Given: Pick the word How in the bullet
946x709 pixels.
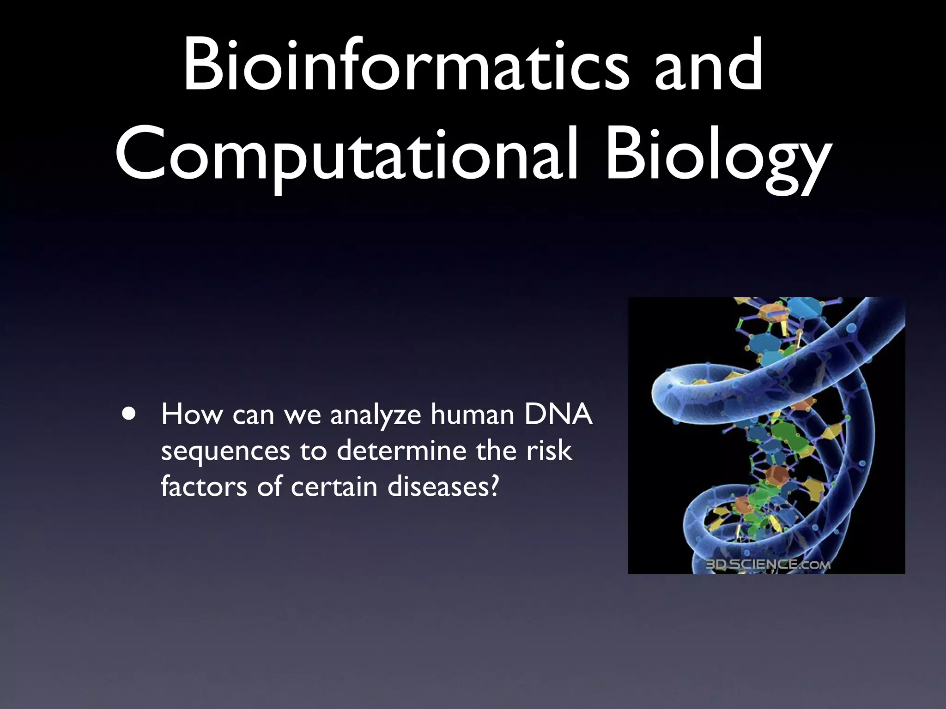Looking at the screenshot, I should point(191,414).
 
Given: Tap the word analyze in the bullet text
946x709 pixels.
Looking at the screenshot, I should point(376,415).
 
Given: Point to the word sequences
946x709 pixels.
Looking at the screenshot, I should point(225,451).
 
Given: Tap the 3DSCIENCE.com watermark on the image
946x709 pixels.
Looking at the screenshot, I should point(767,564).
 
